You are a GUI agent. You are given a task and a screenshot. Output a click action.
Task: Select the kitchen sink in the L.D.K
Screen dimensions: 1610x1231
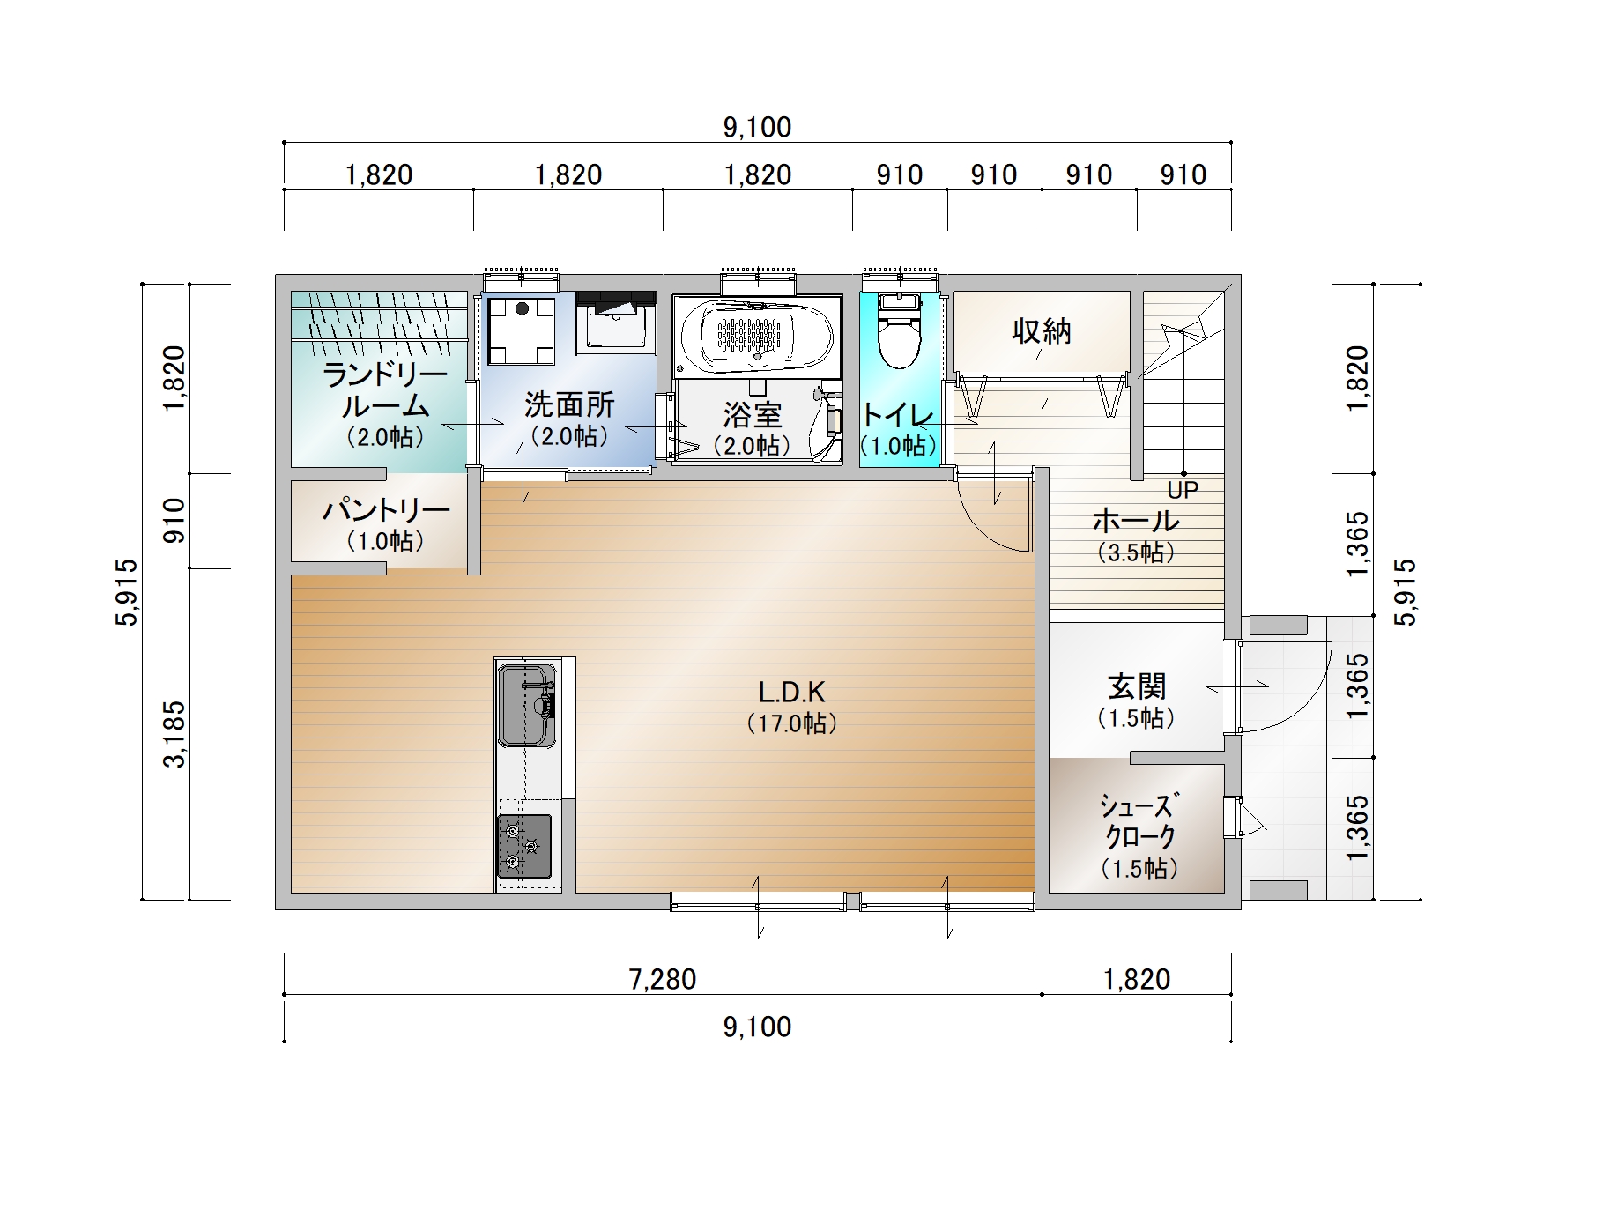pyautogui.click(x=527, y=705)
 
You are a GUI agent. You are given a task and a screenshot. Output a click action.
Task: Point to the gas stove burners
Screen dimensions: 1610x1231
pyautogui.click(x=524, y=846)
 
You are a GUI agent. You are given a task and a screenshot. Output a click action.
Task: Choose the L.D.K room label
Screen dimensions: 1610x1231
pyautogui.click(x=791, y=692)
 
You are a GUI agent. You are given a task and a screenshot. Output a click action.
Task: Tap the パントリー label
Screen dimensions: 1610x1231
pyautogui.click(x=386, y=510)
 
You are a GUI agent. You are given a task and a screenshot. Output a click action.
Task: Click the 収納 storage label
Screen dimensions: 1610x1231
pyautogui.click(x=1042, y=331)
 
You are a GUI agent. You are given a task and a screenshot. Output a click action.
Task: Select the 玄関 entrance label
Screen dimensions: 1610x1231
pyautogui.click(x=1137, y=686)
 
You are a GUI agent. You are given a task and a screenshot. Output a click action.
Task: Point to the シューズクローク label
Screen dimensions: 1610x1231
pyautogui.click(x=1139, y=820)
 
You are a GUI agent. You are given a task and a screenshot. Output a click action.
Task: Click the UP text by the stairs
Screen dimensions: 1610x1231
pyautogui.click(x=1183, y=490)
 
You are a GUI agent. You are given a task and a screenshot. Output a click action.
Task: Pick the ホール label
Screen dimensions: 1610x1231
pyautogui.click(x=1136, y=520)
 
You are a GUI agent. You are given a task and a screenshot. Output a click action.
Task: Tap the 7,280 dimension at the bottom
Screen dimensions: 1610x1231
pyautogui.click(x=663, y=979)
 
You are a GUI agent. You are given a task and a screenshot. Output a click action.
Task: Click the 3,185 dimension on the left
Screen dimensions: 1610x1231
pyautogui.click(x=175, y=734)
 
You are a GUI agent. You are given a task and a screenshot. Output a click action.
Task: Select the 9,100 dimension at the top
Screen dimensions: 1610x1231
pyautogui.click(x=758, y=128)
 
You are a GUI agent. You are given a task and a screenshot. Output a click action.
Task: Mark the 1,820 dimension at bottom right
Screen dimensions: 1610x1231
pyautogui.click(x=1137, y=979)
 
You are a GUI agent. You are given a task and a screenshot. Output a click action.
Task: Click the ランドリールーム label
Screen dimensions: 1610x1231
pyautogui.click(x=385, y=391)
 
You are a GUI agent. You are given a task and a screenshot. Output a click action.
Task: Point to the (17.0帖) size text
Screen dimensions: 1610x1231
pyautogui.click(x=791, y=724)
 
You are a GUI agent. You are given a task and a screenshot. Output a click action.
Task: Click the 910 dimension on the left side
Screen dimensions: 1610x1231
pyautogui.click(x=175, y=521)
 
